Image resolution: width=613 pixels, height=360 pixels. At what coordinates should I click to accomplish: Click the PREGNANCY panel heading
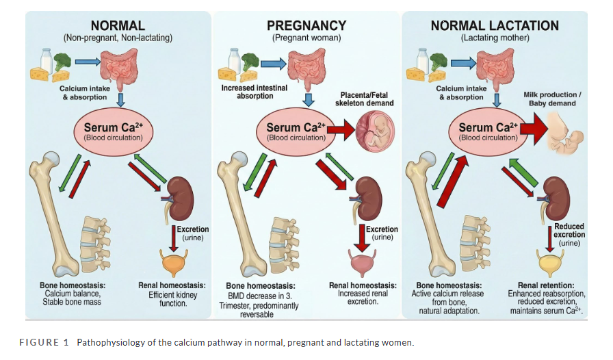click(x=306, y=26)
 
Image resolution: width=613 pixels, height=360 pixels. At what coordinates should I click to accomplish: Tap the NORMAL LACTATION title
click(x=495, y=26)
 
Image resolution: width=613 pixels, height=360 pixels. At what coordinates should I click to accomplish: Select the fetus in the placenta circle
click(x=376, y=131)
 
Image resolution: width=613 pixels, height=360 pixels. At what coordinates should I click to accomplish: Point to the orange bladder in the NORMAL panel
click(x=174, y=262)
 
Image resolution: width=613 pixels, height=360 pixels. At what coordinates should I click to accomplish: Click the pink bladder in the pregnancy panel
click(x=363, y=262)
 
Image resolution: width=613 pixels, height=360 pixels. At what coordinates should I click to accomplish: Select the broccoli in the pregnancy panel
click(x=250, y=62)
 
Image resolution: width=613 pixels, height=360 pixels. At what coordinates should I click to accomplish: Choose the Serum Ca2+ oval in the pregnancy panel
click(x=296, y=131)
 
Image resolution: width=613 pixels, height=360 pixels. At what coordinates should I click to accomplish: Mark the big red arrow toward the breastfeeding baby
click(x=533, y=130)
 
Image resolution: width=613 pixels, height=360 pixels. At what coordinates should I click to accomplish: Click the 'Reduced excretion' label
click(x=569, y=231)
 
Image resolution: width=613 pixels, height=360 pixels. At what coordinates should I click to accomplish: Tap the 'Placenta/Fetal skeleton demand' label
click(x=365, y=99)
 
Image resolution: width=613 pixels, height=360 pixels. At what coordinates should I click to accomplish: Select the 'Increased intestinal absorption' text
click(x=255, y=92)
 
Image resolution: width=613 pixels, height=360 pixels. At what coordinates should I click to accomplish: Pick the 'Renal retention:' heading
click(x=546, y=285)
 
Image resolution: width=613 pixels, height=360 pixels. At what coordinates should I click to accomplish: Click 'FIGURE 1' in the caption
click(x=44, y=342)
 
